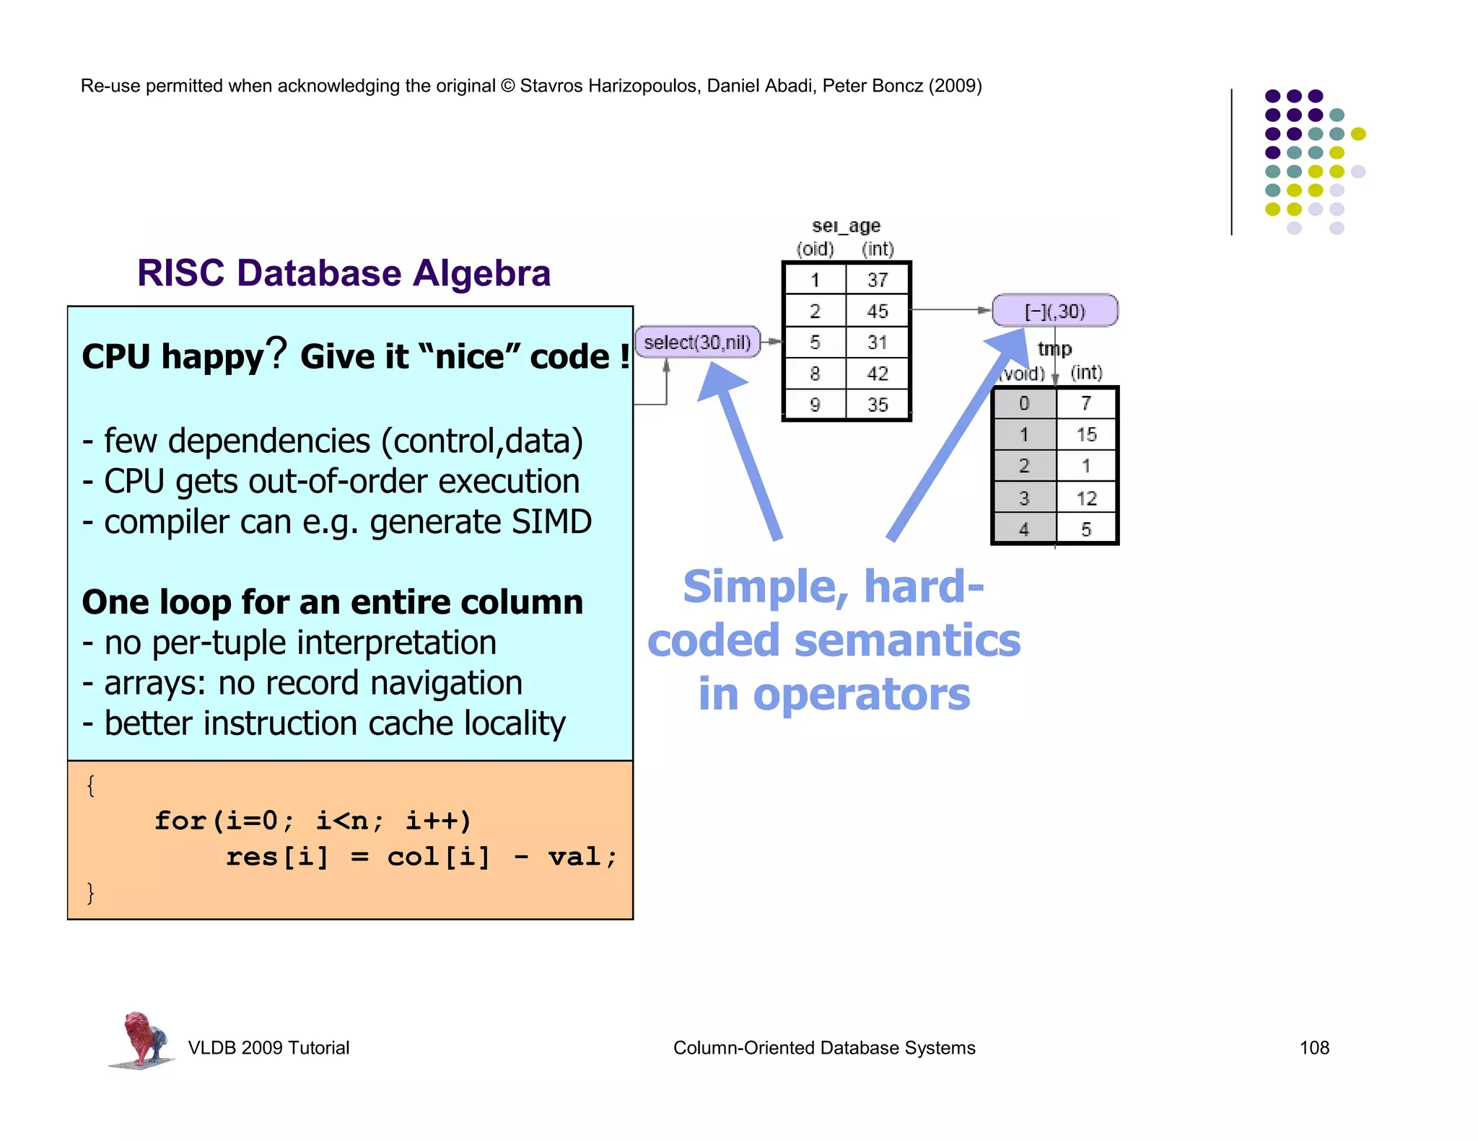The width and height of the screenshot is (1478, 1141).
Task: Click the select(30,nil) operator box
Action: point(697,342)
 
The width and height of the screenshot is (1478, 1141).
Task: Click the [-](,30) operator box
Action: point(1054,311)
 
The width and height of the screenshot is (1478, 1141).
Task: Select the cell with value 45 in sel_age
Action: point(877,311)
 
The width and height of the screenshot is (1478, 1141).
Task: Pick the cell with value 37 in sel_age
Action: point(877,280)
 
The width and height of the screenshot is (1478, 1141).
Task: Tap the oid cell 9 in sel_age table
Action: point(815,405)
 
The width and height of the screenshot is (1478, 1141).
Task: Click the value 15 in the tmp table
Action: point(1085,434)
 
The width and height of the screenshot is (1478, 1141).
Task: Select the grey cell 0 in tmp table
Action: point(1024,403)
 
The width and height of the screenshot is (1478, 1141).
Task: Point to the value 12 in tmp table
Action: point(1085,498)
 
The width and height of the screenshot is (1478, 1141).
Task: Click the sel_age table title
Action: point(846,226)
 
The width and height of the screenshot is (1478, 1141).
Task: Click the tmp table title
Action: point(1054,349)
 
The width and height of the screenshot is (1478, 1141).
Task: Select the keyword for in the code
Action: point(180,821)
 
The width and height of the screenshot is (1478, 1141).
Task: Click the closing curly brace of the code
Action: point(90,893)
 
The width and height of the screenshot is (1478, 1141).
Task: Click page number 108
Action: point(1313,1047)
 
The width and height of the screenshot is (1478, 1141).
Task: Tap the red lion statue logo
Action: point(142,1039)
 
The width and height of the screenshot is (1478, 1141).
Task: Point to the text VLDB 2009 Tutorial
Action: point(268,1047)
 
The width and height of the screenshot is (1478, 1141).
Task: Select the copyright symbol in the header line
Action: point(507,86)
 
